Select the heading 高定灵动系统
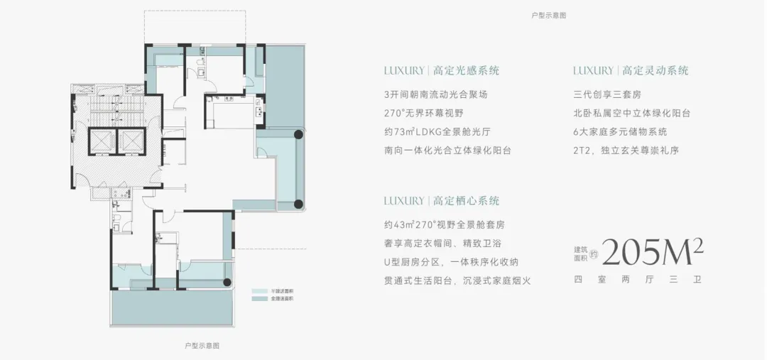(655, 71)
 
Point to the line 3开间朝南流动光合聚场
(435, 94)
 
